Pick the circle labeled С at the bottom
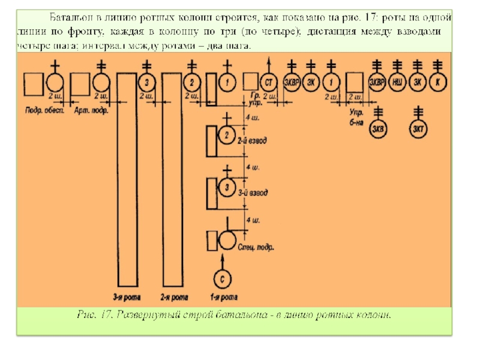(223, 279)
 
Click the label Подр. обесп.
(45, 112)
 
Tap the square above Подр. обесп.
(33, 83)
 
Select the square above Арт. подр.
(82, 83)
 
